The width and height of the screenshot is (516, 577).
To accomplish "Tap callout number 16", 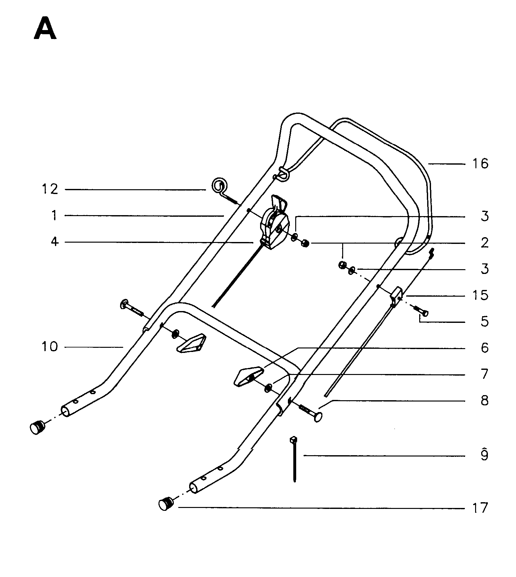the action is [x=480, y=164].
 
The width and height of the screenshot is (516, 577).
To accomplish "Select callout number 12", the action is [x=50, y=190].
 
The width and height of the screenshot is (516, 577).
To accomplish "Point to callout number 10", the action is [x=50, y=347].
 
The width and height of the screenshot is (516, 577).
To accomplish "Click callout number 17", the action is [x=480, y=508].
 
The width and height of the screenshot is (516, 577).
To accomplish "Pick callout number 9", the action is [x=484, y=455].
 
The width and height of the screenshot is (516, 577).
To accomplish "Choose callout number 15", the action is [x=480, y=295].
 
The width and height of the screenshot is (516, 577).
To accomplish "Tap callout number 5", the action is [x=485, y=321].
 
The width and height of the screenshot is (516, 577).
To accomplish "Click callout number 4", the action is [x=55, y=242].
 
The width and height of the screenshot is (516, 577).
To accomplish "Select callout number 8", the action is [x=485, y=401].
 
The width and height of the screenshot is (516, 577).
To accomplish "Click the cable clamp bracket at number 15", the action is [x=396, y=297].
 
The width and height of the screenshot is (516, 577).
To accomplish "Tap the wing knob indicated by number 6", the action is [x=249, y=376].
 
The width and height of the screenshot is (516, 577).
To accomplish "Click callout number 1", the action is [x=55, y=216].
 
